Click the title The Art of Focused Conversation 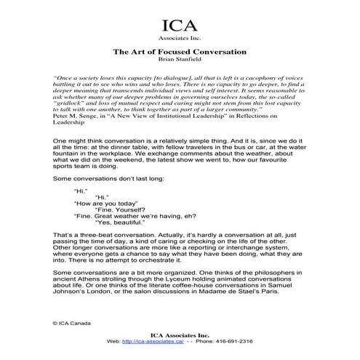coord(180,52)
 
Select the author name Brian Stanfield coord(180,61)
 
